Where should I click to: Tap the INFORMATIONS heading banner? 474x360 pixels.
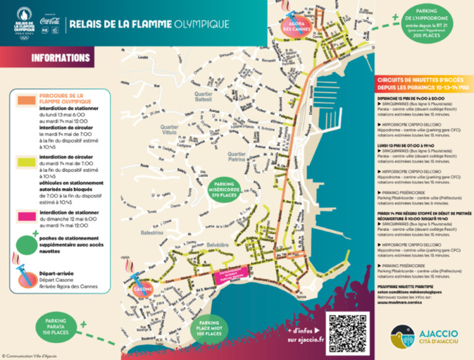(59, 58)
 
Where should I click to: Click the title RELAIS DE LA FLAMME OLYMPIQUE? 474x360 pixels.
(148, 25)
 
